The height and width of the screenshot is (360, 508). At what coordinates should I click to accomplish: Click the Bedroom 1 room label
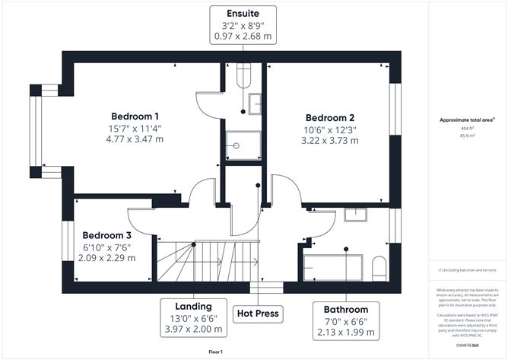133,116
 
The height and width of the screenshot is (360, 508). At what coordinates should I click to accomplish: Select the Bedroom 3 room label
107,235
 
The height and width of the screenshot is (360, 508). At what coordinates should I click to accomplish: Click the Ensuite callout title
241,14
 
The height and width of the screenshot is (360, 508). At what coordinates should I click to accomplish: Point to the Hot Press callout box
258,313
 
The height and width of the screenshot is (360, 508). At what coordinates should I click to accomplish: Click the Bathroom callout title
345,310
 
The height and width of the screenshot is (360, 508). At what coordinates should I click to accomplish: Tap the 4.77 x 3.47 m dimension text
133,141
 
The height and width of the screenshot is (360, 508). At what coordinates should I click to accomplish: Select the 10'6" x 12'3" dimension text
330,129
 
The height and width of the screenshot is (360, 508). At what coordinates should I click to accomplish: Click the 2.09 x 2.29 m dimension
107,258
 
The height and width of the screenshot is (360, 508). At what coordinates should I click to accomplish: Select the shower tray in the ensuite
243,145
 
